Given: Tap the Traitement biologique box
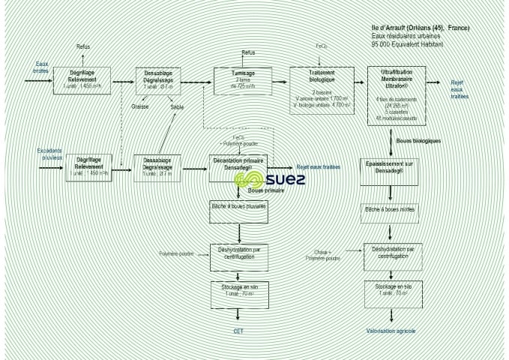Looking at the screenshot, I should point(321,88).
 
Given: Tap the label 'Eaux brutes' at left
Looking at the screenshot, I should point(40,67).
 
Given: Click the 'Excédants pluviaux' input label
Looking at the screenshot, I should point(49,154).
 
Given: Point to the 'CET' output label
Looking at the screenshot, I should point(238,330).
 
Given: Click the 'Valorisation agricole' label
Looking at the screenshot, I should point(391,330).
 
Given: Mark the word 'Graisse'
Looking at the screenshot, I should point(140,106).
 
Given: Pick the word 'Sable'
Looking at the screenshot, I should point(177,106).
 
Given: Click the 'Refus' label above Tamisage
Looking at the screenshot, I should point(248,52).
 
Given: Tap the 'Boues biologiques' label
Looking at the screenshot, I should point(418,140).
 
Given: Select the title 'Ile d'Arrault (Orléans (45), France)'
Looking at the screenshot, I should point(421,28).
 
